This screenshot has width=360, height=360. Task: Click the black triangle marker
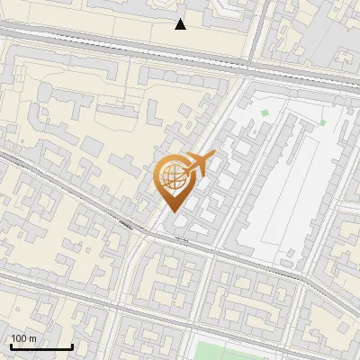coord(181,24)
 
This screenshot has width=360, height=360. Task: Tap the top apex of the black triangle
coord(181,19)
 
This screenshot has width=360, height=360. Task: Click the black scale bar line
coord(41,347)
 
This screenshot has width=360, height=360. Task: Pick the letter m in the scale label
coord(33,338)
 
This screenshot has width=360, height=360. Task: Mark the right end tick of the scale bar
coord(72,346)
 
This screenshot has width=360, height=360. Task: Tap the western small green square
coord(265,112)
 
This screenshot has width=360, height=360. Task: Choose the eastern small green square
coord(322,122)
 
